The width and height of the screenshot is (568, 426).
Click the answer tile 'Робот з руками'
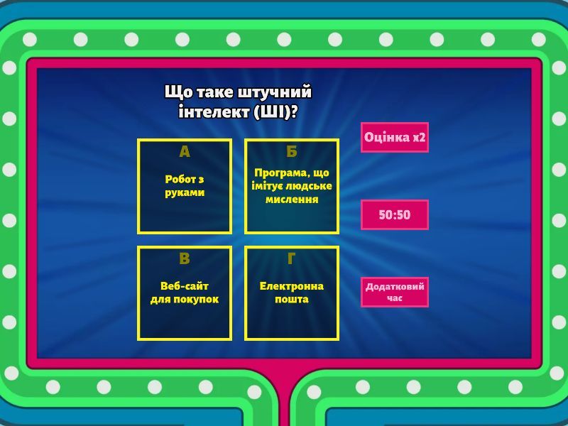(185, 186)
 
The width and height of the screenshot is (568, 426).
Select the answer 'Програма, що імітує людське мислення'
(292, 186)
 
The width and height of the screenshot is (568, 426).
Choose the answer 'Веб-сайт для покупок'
(185, 293)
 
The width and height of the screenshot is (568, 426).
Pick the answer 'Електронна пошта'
(292, 293)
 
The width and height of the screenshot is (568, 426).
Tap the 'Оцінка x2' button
(395, 137)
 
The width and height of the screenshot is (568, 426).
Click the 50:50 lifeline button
(395, 214)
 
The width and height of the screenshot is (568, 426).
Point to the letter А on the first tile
(185, 152)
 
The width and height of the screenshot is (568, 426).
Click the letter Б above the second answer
(292, 152)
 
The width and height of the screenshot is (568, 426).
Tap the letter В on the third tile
(185, 258)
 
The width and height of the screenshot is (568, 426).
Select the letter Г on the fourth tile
(291, 258)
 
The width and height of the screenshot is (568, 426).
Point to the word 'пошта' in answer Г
(292, 299)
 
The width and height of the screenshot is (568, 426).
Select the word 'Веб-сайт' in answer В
(185, 286)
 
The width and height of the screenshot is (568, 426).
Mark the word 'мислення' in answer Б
(292, 200)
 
